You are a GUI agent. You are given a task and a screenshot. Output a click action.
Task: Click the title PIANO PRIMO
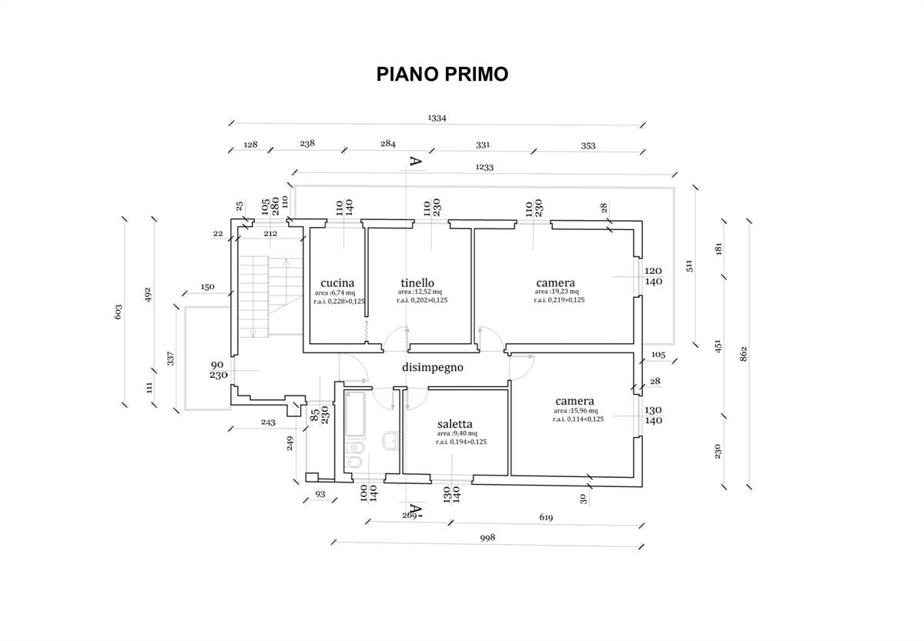tap(442, 74)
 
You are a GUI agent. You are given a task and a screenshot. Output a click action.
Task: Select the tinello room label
tap(418, 282)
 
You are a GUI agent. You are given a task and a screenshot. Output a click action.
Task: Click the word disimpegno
tap(432, 367)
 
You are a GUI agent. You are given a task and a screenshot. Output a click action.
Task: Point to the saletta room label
tap(454, 423)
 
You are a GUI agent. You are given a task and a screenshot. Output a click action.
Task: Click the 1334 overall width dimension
tap(437, 119)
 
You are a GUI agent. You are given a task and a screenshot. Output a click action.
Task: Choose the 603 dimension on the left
tap(117, 312)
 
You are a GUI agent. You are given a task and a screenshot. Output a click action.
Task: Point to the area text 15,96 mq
tap(574, 411)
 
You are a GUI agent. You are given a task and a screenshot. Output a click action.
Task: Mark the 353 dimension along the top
tap(588, 145)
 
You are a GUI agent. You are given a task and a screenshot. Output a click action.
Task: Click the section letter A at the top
tap(414, 162)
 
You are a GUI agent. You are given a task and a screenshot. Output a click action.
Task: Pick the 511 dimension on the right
tap(690, 265)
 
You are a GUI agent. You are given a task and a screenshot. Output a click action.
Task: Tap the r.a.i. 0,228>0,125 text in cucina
tap(339, 302)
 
